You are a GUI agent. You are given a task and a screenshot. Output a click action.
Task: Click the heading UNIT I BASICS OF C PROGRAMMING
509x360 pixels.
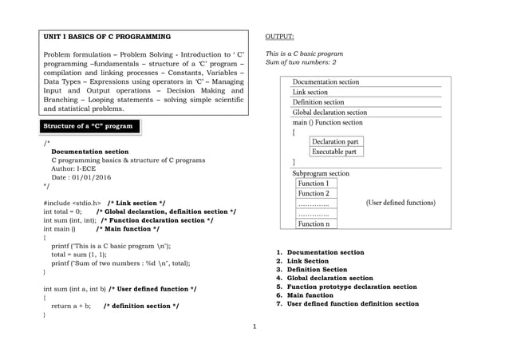[107, 37]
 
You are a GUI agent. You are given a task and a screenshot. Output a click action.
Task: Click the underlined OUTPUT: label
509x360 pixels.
[279, 37]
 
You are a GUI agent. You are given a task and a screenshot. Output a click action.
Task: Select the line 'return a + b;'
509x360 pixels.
[71, 306]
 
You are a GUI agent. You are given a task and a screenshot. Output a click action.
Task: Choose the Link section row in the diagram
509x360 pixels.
[310, 92]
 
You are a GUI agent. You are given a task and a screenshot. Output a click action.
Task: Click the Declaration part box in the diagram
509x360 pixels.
[334, 141]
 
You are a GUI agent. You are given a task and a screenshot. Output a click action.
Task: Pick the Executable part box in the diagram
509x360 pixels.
[334, 152]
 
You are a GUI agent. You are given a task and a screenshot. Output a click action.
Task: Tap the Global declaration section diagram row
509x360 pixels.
[329, 113]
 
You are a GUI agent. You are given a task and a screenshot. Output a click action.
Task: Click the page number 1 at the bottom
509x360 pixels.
[254, 326]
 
